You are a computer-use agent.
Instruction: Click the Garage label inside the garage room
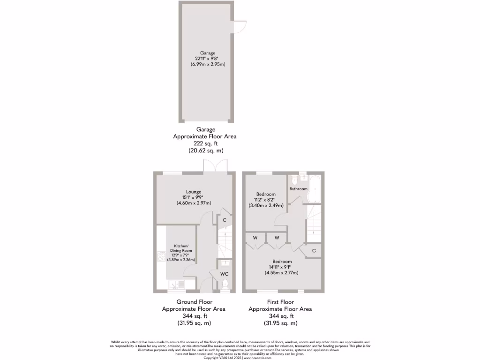208,53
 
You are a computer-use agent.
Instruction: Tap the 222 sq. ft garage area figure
205,143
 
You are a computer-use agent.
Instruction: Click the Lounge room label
194,192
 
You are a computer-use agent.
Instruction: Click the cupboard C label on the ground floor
225,220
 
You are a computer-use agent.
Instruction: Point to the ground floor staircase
225,241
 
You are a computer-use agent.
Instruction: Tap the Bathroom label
298,189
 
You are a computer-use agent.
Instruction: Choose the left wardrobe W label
255,238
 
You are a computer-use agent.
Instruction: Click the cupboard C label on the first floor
314,251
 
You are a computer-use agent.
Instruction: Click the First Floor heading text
280,302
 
